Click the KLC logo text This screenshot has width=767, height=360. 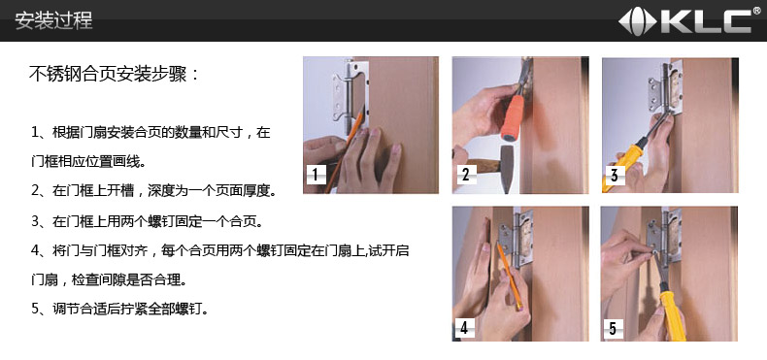(706, 21)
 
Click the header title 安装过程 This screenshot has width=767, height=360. (53, 20)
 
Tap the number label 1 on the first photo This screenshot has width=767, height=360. (316, 174)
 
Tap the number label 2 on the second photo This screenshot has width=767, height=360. (466, 174)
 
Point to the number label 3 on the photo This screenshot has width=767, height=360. (615, 174)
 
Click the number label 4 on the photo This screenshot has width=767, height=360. (464, 327)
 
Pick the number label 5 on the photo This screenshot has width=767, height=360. (613, 327)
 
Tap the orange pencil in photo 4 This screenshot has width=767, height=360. (510, 277)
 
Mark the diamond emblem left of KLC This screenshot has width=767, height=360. (637, 22)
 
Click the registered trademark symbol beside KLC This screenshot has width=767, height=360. (756, 11)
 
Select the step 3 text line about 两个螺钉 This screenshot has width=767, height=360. (148, 221)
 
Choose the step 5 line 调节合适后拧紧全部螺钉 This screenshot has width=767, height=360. (119, 309)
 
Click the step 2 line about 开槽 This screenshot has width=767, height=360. (153, 190)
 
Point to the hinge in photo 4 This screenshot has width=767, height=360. (516, 238)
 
